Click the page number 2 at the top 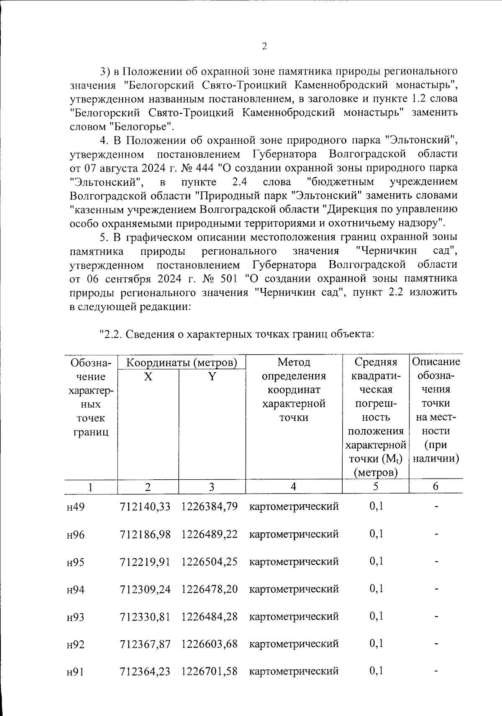click(x=264, y=46)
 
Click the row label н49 click(x=76, y=507)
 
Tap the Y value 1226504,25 click(x=210, y=561)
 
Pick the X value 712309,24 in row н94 click(x=145, y=589)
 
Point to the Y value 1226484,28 click(x=210, y=616)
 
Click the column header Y click(x=212, y=376)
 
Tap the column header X click(x=148, y=376)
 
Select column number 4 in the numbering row click(x=293, y=486)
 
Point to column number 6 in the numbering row click(x=435, y=486)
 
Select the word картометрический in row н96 click(x=294, y=534)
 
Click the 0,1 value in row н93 click(x=376, y=616)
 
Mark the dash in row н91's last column click(x=436, y=672)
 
